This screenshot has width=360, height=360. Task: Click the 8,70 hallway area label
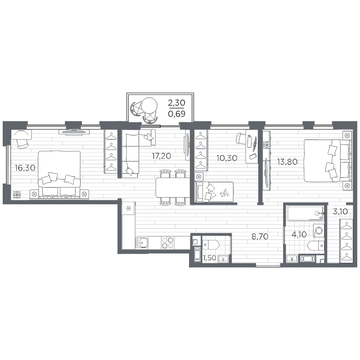pos(260,234)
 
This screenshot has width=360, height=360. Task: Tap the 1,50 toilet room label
pos(209,258)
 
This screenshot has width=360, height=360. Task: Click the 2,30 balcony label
pos(176,103)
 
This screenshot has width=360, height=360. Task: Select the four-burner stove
pos(167,243)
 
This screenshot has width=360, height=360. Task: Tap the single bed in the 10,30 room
pos(214,191)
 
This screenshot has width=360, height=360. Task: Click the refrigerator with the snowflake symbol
pos(129,209)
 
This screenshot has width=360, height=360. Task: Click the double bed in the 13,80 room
pos(326,161)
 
